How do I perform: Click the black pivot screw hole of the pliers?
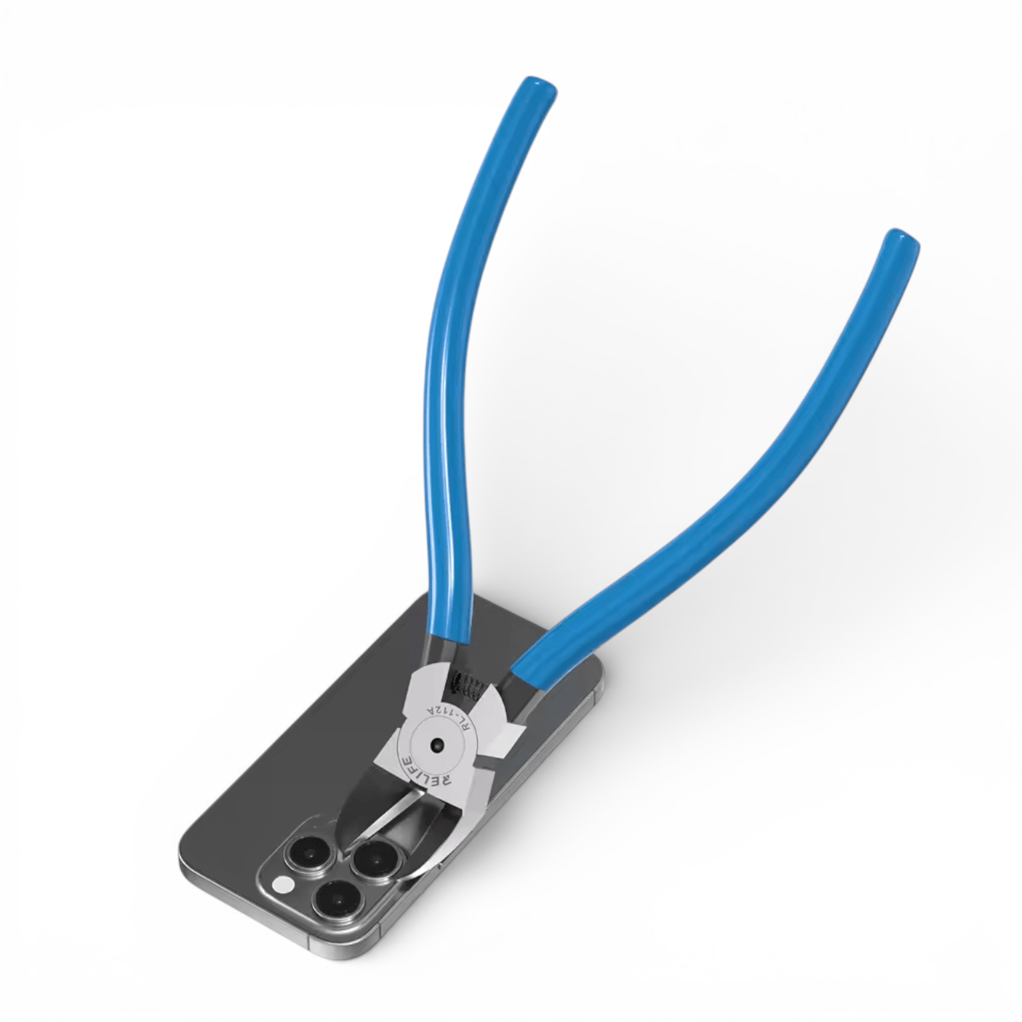pyautogui.click(x=438, y=745)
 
